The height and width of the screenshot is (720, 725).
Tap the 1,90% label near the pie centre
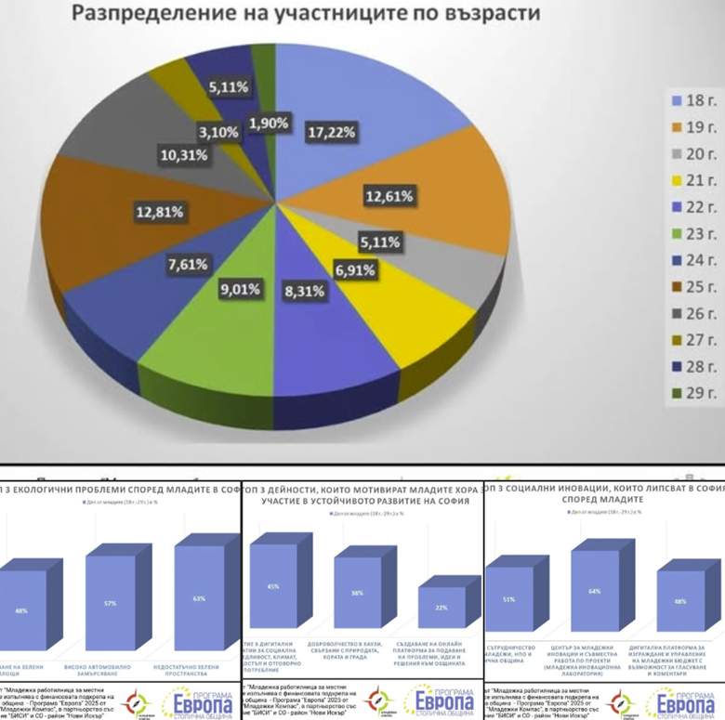pos(269,124)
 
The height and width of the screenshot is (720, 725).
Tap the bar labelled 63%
pos(198,599)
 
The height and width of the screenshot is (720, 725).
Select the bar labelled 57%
pos(110,604)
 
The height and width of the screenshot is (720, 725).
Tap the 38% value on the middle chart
pos(357,594)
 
